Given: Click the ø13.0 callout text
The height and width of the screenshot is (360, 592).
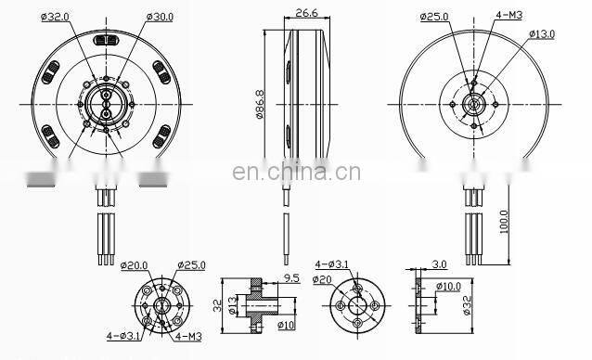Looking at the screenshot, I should (542, 33).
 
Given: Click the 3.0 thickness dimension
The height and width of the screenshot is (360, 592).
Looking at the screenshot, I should (438, 265).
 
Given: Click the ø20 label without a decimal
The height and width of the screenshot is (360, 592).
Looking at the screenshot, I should (322, 279).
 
